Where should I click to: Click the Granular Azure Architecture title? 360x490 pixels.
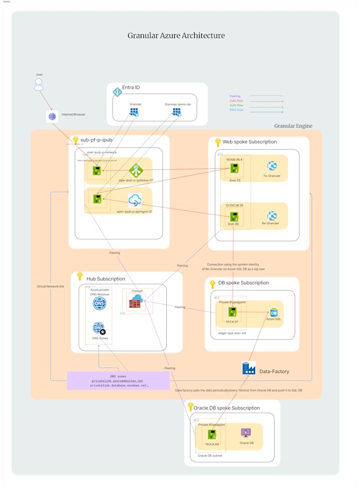(176, 35)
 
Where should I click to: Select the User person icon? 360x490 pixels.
(39, 85)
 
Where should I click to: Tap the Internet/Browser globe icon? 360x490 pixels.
(52, 116)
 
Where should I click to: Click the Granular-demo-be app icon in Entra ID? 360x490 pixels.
(177, 112)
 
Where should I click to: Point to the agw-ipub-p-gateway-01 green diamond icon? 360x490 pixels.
(136, 170)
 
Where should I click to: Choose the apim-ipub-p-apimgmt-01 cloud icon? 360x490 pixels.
(134, 199)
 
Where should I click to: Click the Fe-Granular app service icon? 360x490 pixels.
(272, 166)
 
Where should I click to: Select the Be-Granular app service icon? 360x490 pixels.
(272, 216)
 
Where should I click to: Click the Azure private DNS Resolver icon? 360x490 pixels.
(99, 303)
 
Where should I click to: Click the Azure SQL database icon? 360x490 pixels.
(274, 313)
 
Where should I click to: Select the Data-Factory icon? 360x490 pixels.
(248, 368)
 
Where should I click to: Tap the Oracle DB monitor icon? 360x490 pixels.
(246, 432)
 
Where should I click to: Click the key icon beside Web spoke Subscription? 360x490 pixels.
(218, 142)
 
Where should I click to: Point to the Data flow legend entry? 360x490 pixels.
(236, 101)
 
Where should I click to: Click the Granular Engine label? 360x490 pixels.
(293, 126)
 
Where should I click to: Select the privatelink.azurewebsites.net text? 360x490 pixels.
(118, 380)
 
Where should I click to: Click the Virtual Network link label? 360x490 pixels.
(50, 286)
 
